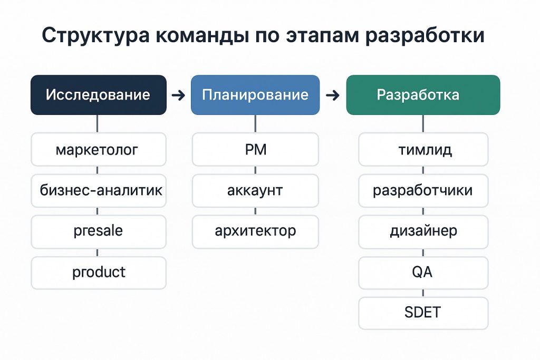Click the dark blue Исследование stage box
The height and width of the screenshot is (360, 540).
[99, 95]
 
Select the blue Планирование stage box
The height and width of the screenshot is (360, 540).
[255, 95]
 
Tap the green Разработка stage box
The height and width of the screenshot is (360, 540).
[423, 95]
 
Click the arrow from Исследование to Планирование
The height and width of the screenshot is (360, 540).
[178, 95]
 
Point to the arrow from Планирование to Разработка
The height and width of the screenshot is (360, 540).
[333, 95]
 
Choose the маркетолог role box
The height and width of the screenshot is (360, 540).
[99, 149]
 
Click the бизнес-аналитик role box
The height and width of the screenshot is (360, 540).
[99, 191]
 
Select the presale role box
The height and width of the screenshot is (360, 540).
[99, 231]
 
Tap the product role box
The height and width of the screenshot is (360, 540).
[99, 273]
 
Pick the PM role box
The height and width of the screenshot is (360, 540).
[255, 149]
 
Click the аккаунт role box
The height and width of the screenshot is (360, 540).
[255, 191]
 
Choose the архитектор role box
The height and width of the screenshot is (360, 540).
[255, 231]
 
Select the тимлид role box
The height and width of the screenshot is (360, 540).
[423, 149]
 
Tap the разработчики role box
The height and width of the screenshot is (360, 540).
[423, 191]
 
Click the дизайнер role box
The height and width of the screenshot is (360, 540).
[423, 231]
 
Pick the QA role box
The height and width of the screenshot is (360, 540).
[423, 273]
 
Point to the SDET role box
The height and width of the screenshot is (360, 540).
[423, 313]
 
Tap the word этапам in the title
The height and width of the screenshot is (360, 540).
[322, 35]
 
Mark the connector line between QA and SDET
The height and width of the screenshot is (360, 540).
[423, 293]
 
